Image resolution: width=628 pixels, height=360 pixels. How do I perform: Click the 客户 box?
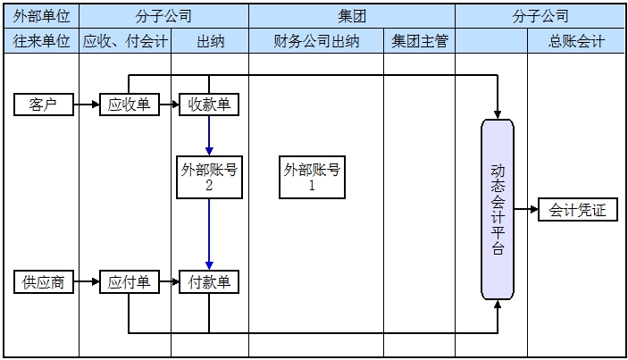click(x=43, y=105)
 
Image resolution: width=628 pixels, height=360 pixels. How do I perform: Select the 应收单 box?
click(x=129, y=105)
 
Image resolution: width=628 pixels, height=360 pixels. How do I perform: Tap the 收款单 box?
click(x=209, y=105)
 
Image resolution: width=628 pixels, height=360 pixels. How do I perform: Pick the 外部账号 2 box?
click(x=209, y=178)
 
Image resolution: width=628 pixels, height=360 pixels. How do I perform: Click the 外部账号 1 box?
click(x=312, y=178)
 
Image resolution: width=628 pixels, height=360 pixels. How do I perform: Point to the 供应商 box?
click(x=43, y=282)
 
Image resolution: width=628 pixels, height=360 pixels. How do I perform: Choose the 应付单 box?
click(x=129, y=282)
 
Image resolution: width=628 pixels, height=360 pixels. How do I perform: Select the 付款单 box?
click(x=209, y=282)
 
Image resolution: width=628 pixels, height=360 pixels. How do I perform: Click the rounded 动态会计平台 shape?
click(x=498, y=209)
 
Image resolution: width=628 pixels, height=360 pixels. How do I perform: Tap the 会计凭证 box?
click(x=577, y=211)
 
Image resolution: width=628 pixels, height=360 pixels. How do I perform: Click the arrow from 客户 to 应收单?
click(x=85, y=105)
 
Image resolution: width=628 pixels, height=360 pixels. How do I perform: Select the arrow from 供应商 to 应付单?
click(x=85, y=282)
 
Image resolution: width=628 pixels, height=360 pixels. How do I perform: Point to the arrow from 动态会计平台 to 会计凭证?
click(x=526, y=211)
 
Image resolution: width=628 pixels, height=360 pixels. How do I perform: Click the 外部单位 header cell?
click(x=41, y=16)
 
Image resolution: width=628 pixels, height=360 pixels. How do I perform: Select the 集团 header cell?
click(x=352, y=16)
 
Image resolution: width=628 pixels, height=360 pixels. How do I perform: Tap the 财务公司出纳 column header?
click(x=316, y=41)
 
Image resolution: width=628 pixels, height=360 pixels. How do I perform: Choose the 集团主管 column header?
click(x=419, y=41)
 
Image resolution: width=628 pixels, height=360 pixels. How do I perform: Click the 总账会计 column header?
click(x=577, y=41)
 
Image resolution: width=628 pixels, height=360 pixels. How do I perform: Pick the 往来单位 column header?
click(x=41, y=41)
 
